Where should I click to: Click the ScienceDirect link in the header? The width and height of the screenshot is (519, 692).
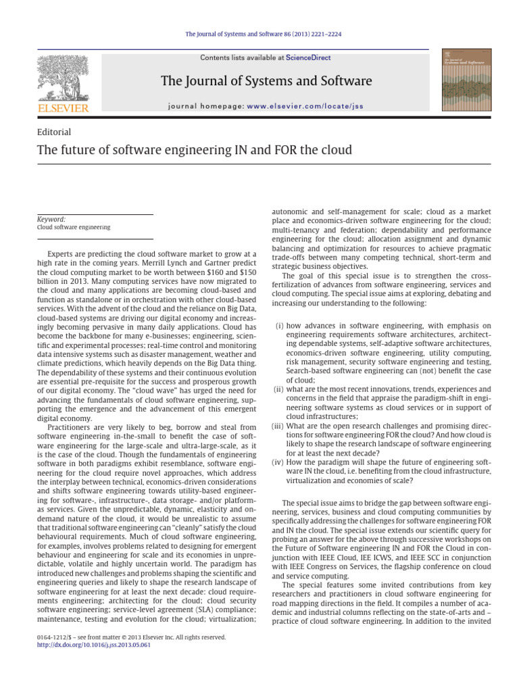[308, 58]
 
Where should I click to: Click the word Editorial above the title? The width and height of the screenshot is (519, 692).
[55, 132]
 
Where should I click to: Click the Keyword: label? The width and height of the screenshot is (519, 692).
[51, 219]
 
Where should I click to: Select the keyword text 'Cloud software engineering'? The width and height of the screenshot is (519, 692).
[74, 228]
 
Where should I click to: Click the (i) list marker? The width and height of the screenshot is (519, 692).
[279, 326]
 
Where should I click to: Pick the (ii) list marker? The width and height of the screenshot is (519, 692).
[278, 389]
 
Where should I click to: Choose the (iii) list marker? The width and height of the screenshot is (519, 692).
[277, 426]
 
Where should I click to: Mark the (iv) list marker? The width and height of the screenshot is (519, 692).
[277, 463]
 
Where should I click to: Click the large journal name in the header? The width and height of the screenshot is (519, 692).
[266, 82]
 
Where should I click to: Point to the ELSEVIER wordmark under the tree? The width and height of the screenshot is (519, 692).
[62, 108]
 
